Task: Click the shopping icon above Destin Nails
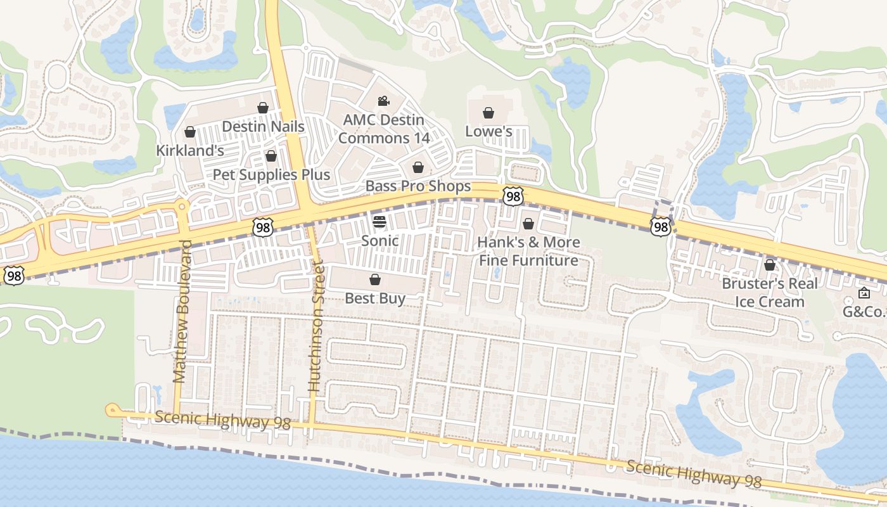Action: click(x=262, y=108)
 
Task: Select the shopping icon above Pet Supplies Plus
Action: click(x=271, y=156)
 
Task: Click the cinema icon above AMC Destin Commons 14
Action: click(x=383, y=101)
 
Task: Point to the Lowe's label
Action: click(x=488, y=131)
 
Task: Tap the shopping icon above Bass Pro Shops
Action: click(x=418, y=167)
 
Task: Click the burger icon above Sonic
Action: click(x=380, y=222)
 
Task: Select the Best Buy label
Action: click(x=375, y=298)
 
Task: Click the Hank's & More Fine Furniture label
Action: click(x=528, y=251)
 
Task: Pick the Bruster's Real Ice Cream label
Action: click(x=770, y=292)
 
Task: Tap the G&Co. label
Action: click(x=863, y=311)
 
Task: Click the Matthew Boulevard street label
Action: click(x=181, y=311)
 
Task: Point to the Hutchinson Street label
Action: click(x=315, y=326)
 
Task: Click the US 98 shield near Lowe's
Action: click(x=513, y=196)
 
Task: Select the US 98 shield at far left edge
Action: click(x=14, y=275)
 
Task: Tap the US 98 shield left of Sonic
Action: click(x=262, y=228)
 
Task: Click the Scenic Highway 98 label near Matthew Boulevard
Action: click(x=222, y=420)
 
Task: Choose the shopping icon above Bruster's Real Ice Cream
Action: click(x=770, y=265)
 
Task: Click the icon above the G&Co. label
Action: click(x=864, y=293)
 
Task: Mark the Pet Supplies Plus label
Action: click(x=271, y=174)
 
